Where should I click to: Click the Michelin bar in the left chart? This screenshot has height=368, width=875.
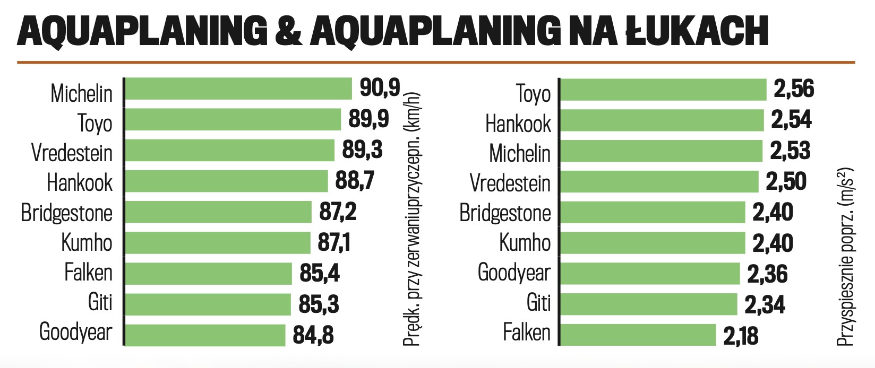(x=238, y=89)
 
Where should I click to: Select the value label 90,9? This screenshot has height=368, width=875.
(x=380, y=87)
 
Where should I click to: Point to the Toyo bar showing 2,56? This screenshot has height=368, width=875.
(x=663, y=90)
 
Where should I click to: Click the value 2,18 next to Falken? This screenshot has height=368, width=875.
(x=741, y=336)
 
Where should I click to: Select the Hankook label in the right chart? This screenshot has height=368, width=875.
(x=518, y=124)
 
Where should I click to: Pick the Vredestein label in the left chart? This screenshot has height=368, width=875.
(x=72, y=153)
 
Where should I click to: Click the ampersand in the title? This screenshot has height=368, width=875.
(x=289, y=31)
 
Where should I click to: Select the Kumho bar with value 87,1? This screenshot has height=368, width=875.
(x=218, y=243)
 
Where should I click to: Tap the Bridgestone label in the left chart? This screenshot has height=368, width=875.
(x=67, y=213)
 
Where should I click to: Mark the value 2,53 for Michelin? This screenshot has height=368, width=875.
(x=790, y=151)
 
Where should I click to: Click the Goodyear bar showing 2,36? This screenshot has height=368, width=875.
(x=650, y=274)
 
